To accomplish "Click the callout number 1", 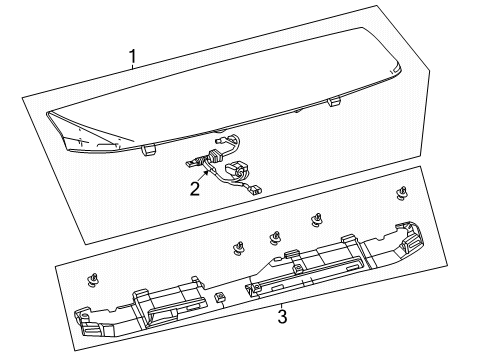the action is [133, 57].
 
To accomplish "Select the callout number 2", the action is [195, 189].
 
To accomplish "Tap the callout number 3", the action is [282, 317].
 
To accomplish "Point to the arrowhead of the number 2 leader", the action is [208, 172].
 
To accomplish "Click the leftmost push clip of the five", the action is [92, 280].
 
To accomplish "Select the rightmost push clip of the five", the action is [402, 193].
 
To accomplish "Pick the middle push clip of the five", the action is [275, 238].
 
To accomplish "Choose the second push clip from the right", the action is [316, 220].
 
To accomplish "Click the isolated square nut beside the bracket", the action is [220, 296].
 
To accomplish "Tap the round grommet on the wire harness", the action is [236, 169].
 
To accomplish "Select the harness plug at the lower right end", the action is [255, 191].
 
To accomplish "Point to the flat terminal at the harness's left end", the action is [191, 163].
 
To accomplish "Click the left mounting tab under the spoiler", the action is [148, 150].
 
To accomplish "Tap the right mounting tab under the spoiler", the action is [334, 101].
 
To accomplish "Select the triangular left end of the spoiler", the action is [88, 133].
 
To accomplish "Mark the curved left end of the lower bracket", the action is [87, 323].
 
